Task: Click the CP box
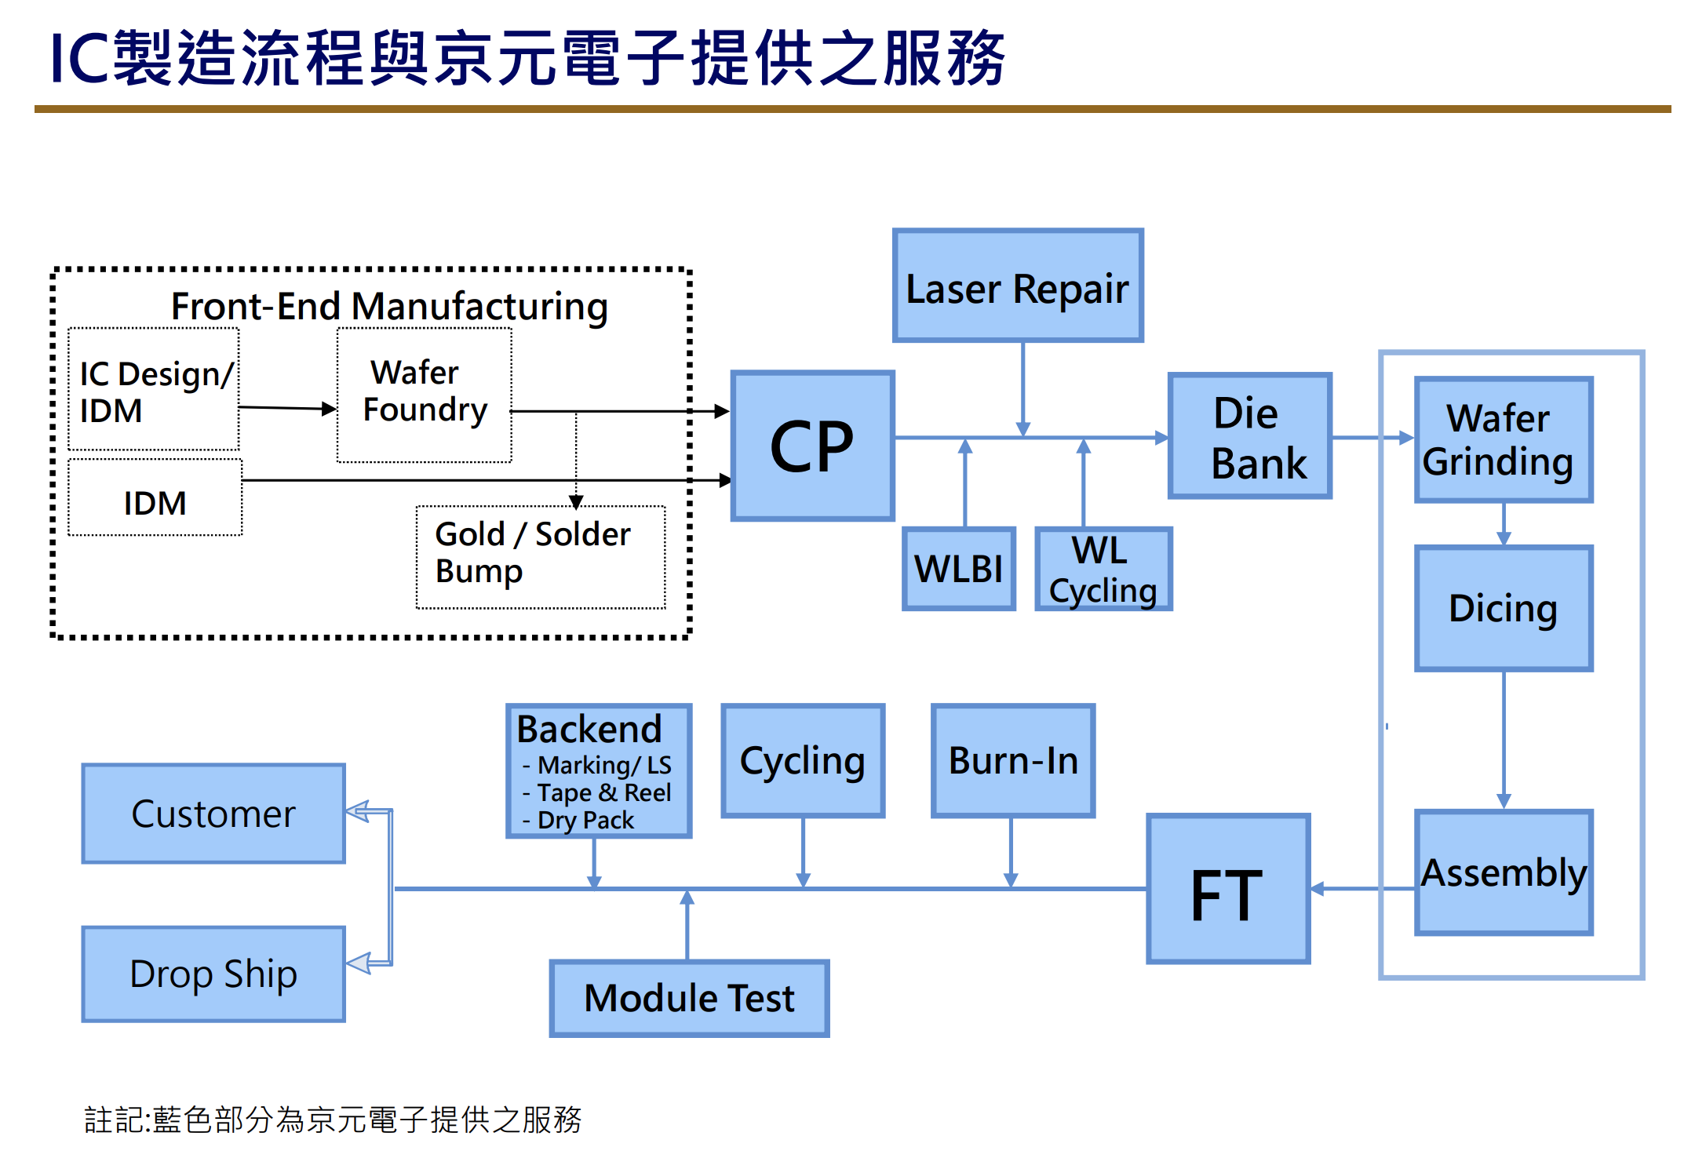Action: tap(812, 446)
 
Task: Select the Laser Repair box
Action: tap(1018, 286)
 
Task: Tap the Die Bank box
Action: tap(1250, 436)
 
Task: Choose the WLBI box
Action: tap(959, 569)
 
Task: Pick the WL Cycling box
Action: tap(1103, 570)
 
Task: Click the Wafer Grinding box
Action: tap(1504, 439)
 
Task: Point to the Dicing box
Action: tap(1504, 608)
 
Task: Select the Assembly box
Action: tap(1504, 872)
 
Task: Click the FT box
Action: tap(1228, 889)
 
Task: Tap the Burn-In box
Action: tap(1013, 760)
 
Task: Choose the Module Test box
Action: tap(689, 998)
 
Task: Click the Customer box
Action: tap(213, 814)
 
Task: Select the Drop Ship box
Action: tap(213, 974)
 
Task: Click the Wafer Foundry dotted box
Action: tap(425, 395)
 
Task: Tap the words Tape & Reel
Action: tap(604, 792)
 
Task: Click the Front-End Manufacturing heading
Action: tap(389, 306)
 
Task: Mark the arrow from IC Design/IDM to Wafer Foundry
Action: tap(287, 408)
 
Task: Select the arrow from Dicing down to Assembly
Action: tap(1504, 737)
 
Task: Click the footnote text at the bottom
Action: tap(333, 1120)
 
